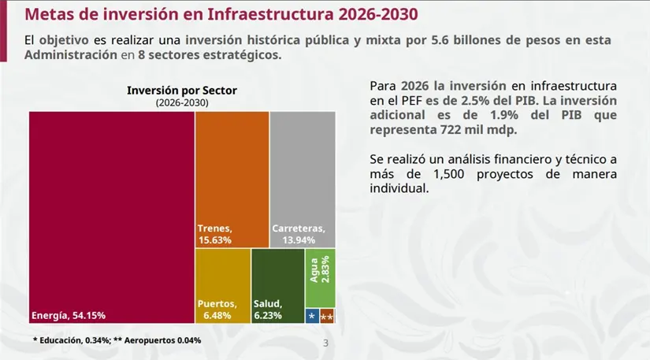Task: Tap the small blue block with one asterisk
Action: tap(312, 316)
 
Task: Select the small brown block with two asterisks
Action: tap(327, 316)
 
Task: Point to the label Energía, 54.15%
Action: tap(69, 316)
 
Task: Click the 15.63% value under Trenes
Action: tap(214, 240)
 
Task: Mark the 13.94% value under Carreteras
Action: tap(288, 240)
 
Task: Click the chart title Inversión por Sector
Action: tap(182, 91)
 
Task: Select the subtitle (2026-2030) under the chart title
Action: tap(182, 103)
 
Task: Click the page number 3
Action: tap(326, 344)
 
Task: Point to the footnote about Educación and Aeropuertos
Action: tap(117, 340)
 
